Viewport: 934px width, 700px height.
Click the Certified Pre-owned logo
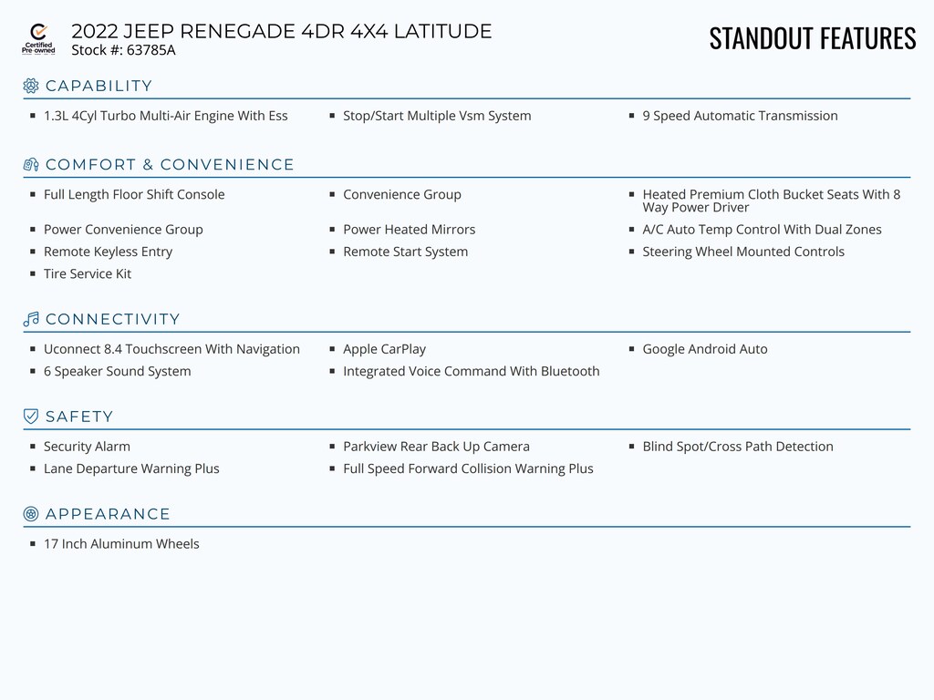coord(38,39)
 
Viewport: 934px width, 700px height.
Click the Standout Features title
coord(812,38)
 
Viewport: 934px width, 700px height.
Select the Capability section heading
coord(99,87)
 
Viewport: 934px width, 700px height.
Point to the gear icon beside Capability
coord(31,86)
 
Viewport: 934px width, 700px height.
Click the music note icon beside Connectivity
coord(31,319)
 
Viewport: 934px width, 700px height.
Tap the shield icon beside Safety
coord(31,417)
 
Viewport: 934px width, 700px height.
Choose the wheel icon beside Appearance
coord(31,514)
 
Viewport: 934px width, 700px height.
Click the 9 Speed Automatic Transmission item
coord(739,116)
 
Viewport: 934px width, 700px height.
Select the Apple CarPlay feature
coord(384,349)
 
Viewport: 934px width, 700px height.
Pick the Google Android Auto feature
coord(704,349)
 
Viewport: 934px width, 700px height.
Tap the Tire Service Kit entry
coord(88,273)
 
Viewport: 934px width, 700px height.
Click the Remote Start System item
coord(405,252)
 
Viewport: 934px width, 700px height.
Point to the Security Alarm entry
coord(87,447)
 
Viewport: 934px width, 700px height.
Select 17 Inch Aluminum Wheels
coord(121,544)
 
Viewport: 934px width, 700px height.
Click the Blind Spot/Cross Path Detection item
coord(737,447)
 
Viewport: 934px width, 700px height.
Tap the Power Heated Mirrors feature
coord(409,230)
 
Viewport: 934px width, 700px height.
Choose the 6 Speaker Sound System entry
coord(117,371)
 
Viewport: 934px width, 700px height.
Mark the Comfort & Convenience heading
coord(170,165)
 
